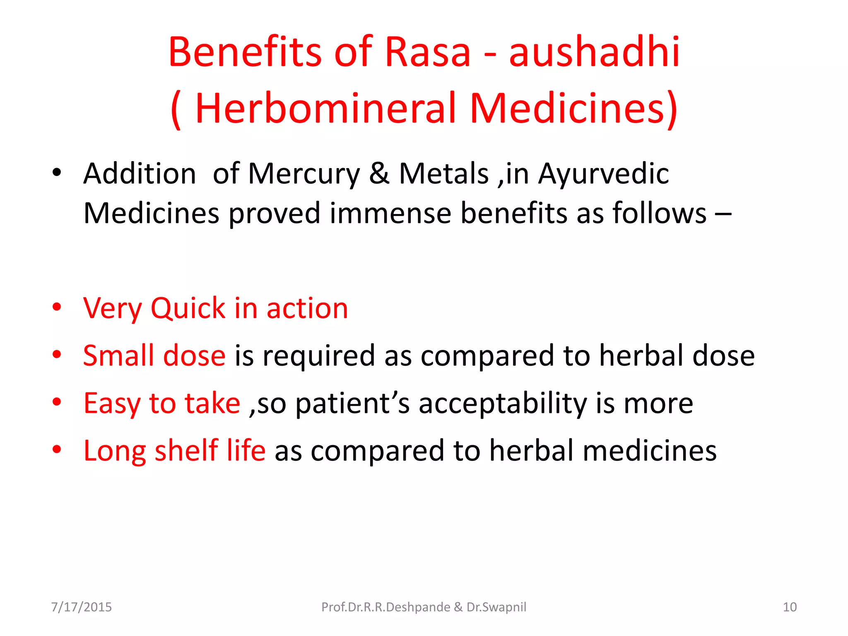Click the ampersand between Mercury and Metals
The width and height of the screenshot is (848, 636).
379,173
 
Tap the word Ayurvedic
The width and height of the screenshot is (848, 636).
603,173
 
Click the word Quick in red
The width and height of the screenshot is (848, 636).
188,308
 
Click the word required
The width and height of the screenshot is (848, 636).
318,357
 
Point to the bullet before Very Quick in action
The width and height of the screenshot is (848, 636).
57,307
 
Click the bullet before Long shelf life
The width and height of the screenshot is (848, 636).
57,449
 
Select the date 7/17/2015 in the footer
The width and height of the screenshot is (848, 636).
81,607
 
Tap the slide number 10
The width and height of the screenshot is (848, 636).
790,607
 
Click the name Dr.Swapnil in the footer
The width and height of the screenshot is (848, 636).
496,607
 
